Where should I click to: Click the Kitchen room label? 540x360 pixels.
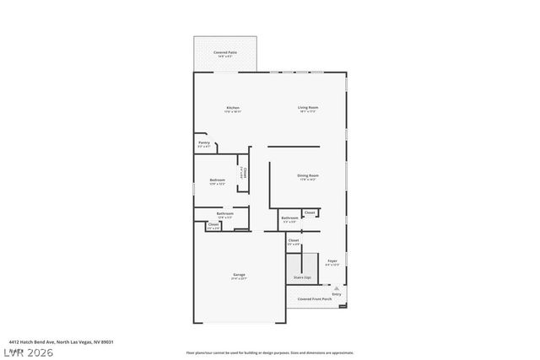233,108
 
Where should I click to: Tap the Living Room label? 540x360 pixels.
308,108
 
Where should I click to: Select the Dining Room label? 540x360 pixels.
307,175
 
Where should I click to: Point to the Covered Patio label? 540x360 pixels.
224,52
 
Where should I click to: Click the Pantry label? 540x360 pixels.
204,142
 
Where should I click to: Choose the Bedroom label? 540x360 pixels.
217,180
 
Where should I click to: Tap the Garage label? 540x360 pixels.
240,275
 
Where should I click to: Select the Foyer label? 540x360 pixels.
332,261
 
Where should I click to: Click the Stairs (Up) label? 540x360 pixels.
302,277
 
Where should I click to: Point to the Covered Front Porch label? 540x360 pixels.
315,298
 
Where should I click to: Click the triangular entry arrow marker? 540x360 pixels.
336,287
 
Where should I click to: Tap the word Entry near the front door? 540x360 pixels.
337,293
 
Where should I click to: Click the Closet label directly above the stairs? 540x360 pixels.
294,240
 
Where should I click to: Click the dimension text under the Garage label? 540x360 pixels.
240,279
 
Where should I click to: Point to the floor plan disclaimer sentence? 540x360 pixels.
270,352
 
